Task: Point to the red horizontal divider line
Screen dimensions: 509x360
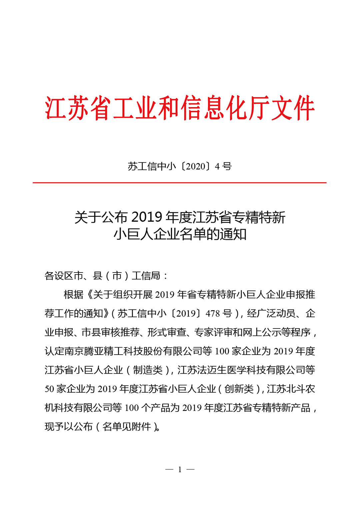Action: tap(180, 183)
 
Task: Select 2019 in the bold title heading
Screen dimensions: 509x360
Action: tap(146, 217)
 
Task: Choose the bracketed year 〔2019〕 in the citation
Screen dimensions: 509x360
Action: tap(186, 314)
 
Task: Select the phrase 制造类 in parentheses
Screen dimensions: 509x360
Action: tap(148, 370)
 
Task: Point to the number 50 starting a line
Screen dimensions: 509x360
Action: tap(49, 389)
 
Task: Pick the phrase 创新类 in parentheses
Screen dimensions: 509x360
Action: tap(239, 389)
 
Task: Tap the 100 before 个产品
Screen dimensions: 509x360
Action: tap(131, 408)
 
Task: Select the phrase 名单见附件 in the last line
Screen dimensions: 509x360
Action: tap(127, 427)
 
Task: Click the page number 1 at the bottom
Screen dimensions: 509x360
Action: tap(180, 470)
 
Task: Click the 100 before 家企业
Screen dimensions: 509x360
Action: tap(222, 351)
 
